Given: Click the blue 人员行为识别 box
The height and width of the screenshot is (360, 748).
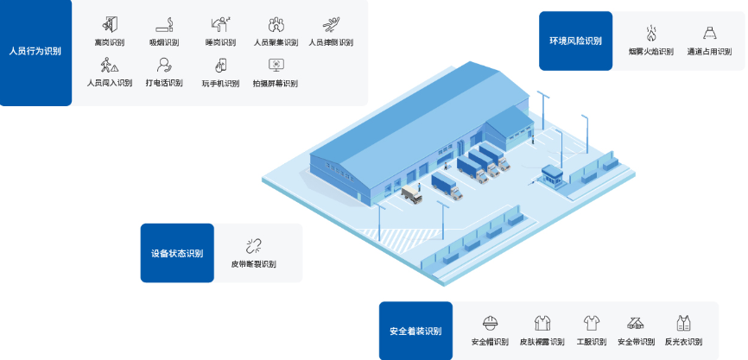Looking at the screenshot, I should [35, 52].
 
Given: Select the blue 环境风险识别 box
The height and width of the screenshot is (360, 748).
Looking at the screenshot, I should [575, 41].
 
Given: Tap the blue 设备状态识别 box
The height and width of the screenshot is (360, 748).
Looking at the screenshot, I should [176, 253].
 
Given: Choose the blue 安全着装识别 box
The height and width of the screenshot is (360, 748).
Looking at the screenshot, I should [415, 331].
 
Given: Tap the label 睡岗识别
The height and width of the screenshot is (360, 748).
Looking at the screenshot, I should [221, 42].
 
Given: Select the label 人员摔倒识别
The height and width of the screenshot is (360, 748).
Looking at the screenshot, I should [331, 42].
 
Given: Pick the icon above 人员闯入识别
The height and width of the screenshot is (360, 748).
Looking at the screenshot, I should [109, 65].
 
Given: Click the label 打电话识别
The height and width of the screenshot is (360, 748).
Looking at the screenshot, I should [164, 83].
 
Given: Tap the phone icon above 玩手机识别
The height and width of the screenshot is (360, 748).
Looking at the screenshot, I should [221, 65].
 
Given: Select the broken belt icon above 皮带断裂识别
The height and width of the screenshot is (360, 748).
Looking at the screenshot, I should [253, 245].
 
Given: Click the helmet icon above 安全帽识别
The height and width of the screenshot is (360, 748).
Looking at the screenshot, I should [490, 323].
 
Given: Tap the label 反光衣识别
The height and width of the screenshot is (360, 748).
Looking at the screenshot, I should [683, 341].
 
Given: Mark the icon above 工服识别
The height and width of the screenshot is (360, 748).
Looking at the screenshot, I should [592, 323].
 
